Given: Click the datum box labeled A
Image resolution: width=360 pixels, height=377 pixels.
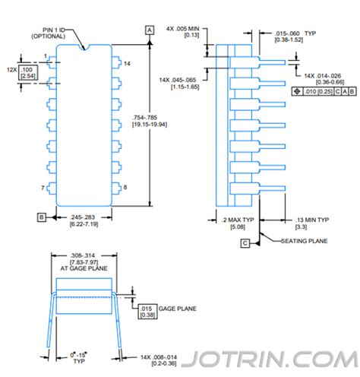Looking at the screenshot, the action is (x=150, y=30).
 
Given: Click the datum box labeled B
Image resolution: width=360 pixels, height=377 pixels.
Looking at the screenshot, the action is (x=42, y=217).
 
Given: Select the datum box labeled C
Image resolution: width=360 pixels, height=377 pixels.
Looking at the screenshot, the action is (x=245, y=243).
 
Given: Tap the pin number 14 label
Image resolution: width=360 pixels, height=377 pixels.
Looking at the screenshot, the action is (x=127, y=64).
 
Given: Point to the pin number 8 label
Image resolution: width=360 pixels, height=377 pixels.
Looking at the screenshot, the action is (x=125, y=187).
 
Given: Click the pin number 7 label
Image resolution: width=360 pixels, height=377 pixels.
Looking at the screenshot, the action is (x=43, y=188).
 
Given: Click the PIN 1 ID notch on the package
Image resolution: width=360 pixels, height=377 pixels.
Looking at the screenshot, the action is (x=84, y=47).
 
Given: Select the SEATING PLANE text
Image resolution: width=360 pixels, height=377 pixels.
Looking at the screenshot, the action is (x=305, y=241).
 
